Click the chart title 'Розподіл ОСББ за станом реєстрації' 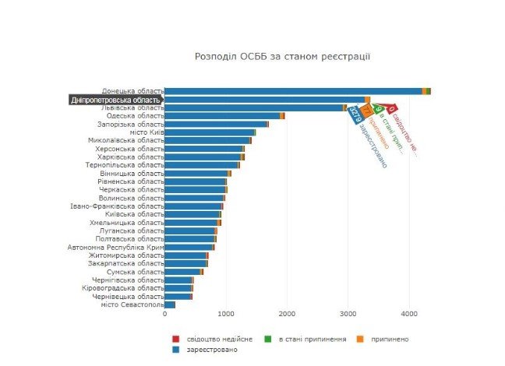click(x=281, y=57)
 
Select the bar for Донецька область click(x=296, y=91)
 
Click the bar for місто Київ click(x=210, y=132)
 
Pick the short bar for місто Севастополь click(x=170, y=304)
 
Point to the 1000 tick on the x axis click(x=226, y=314)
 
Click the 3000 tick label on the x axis click(x=348, y=314)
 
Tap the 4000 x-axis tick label click(x=409, y=314)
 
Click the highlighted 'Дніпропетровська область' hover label click(x=116, y=100)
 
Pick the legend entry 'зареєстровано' click(x=205, y=350)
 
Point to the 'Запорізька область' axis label click(x=130, y=124)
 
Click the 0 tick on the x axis click(x=165, y=314)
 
